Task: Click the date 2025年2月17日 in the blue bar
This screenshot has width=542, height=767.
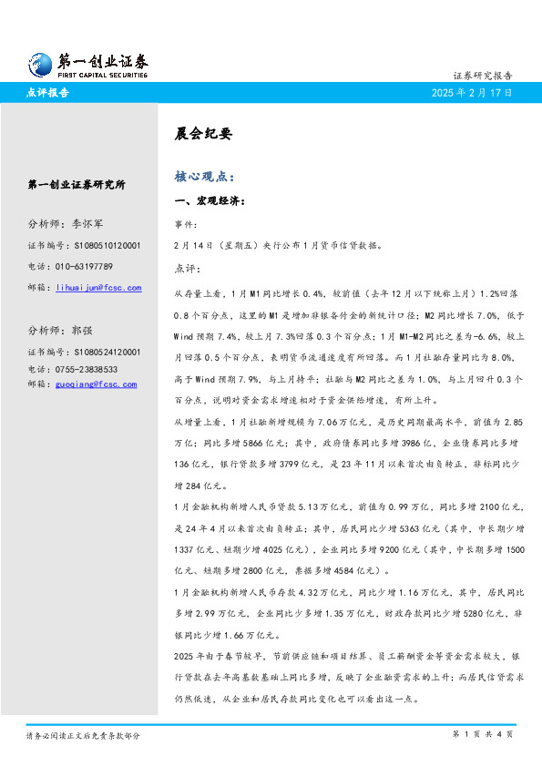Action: pyautogui.click(x=472, y=93)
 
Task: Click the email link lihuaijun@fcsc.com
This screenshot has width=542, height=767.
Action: pyautogui.click(x=98, y=288)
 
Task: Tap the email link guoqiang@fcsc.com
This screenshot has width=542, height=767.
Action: pyautogui.click(x=96, y=384)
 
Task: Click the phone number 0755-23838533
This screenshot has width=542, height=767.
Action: pyautogui.click(x=87, y=369)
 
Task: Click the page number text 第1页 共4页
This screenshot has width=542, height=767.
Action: pyautogui.click(x=483, y=734)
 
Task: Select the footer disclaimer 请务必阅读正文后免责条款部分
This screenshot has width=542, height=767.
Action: pyautogui.click(x=83, y=735)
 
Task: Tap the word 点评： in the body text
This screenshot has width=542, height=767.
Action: pyautogui.click(x=185, y=269)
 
